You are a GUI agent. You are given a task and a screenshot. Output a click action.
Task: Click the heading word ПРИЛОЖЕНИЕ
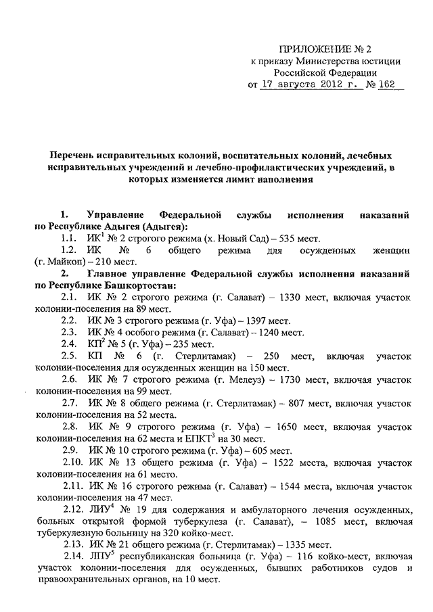(311, 49)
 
